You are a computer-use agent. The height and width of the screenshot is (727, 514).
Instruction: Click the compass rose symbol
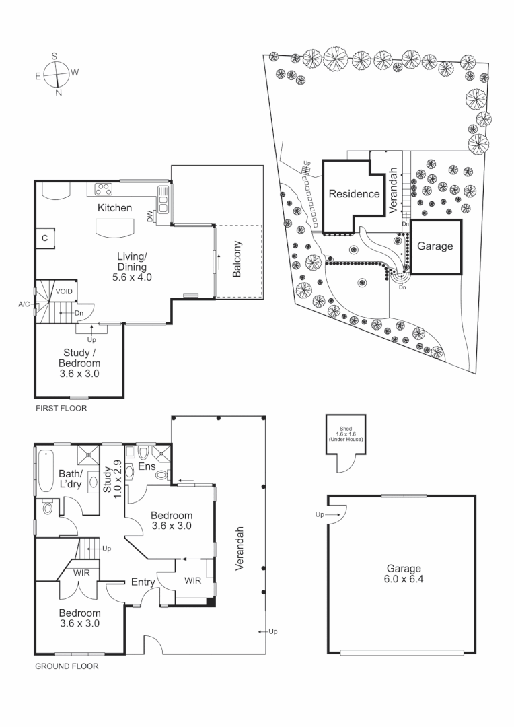57,73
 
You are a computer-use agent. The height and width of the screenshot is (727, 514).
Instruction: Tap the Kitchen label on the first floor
115,208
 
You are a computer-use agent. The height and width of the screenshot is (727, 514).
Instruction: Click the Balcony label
237,259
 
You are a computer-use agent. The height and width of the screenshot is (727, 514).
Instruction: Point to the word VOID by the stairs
64,291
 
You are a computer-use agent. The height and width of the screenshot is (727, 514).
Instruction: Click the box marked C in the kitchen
45,238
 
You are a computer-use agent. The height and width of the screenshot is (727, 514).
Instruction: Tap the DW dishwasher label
151,217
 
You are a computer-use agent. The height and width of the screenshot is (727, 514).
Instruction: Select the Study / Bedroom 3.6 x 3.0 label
81,363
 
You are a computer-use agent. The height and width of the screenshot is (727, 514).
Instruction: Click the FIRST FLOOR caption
61,409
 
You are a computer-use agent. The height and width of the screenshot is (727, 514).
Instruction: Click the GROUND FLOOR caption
66,667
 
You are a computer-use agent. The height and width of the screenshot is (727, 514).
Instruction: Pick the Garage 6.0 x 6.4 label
402,573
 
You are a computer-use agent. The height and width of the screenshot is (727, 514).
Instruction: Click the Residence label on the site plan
355,194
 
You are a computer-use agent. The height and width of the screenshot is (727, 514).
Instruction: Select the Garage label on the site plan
435,246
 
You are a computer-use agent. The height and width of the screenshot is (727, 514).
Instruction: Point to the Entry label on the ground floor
143,582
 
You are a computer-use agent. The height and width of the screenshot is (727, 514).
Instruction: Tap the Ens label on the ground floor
147,466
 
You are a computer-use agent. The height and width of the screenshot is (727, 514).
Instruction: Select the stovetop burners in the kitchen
104,188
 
